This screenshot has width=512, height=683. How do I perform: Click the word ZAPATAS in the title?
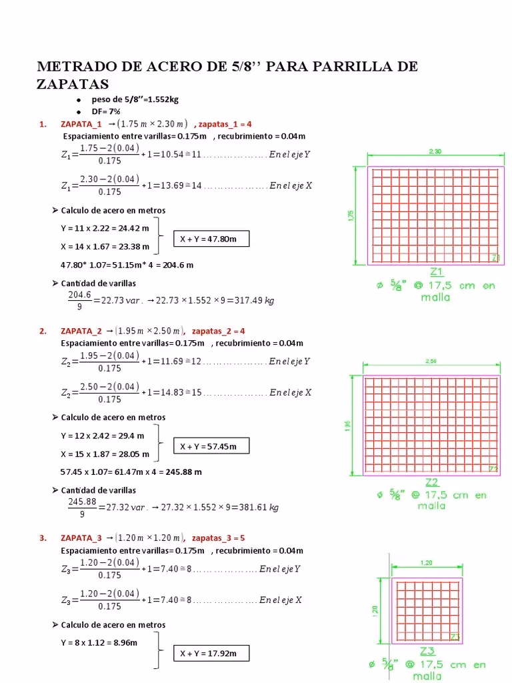point(73,84)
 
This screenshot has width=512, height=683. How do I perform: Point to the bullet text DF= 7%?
point(106,111)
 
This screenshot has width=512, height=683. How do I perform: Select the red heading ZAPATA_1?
point(81,124)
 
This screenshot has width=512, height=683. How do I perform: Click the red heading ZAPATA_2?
point(81,331)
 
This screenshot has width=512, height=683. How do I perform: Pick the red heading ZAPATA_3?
point(81,538)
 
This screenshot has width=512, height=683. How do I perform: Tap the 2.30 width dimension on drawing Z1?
point(435,151)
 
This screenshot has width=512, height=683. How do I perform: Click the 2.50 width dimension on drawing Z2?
point(430,362)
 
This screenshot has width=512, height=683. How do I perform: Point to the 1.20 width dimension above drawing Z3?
point(427,562)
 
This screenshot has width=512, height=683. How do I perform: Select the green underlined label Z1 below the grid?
point(437,271)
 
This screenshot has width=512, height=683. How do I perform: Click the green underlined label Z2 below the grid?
point(431,482)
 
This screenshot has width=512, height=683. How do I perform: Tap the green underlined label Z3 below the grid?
point(427,651)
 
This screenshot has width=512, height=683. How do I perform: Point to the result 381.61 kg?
point(258,507)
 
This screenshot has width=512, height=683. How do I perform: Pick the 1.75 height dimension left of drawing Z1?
point(351,215)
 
